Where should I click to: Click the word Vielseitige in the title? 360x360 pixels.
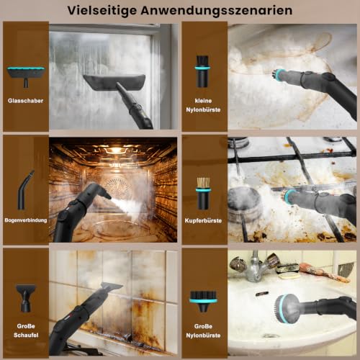coord(102,11)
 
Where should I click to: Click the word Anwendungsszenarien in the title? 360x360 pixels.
coord(217,11)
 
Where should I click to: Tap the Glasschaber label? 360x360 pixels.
coord(25,101)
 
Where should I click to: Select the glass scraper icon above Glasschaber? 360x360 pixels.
coord(26,76)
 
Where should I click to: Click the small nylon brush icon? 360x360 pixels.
coord(203,71)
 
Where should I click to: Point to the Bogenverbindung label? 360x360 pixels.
coord(26,220)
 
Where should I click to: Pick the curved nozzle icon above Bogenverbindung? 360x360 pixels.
coord(25,189)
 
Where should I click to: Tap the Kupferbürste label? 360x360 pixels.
coord(203,220)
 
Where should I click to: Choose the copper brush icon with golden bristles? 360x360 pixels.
coord(203,194)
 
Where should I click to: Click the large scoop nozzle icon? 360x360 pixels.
coord(25,298)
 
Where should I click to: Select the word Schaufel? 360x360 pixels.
coord(26,335)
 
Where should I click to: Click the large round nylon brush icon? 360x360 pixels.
coord(203,301)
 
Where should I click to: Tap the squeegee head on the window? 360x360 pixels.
coord(114,83)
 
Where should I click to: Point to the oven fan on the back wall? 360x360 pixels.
coord(117,185)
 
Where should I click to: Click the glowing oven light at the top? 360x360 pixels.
coord(116,150)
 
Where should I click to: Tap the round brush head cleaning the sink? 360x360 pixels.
coord(287,308)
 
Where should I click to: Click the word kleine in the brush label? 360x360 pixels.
coord(203,101)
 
